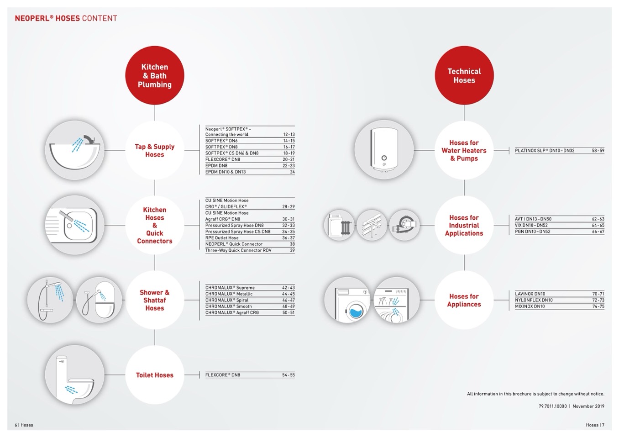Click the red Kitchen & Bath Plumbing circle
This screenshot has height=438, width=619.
[155, 76]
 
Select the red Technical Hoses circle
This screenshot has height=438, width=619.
[464, 76]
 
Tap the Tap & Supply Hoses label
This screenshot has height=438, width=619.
[155, 150]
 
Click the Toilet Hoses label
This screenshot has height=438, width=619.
[155, 375]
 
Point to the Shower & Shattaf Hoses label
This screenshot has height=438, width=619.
[155, 300]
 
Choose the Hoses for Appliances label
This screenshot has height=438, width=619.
[464, 300]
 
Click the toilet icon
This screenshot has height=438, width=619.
[75, 375]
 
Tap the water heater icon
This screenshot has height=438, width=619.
[384, 150]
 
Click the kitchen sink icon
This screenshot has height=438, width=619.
[75, 225]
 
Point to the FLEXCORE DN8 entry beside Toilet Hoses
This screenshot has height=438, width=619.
[223, 375]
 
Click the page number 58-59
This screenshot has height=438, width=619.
[598, 151]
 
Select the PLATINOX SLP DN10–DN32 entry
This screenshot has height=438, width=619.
[545, 151]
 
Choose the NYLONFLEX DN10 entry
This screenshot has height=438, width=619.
[534, 300]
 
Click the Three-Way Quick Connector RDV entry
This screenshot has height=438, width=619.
[238, 250]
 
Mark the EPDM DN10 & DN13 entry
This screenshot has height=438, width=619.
[226, 172]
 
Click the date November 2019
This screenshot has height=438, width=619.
[588, 406]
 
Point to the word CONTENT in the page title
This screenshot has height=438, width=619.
[100, 19]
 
